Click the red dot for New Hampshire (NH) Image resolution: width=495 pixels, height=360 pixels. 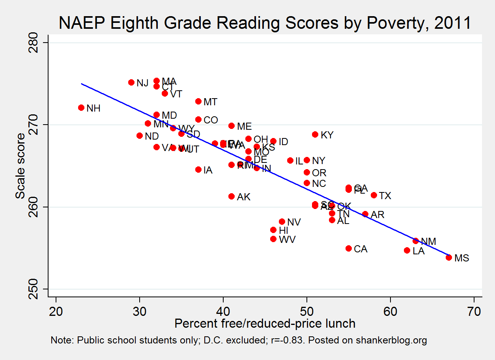[x=81, y=108]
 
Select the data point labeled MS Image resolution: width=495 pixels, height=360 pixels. [x=449, y=257]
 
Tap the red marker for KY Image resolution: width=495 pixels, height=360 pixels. [x=315, y=134]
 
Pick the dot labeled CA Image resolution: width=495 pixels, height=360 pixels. [x=349, y=248]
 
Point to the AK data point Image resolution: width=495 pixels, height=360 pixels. [x=232, y=196]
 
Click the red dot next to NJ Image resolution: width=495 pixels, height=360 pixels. [x=131, y=82]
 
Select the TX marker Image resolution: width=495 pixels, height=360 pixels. [x=374, y=195]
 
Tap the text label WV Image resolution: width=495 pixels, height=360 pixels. [x=287, y=239]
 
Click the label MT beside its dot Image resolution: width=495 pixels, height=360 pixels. [x=210, y=102]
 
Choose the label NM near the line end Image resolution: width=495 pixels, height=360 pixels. [x=428, y=241]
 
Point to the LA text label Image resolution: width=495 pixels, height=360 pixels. [x=418, y=251]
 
